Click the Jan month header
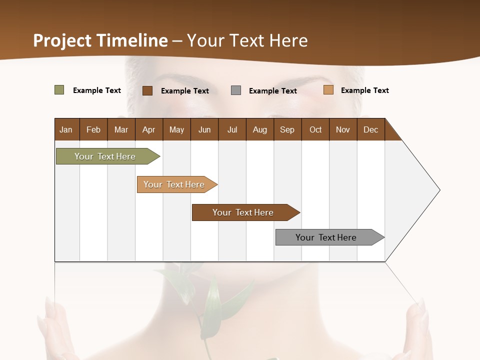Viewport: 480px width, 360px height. click(66, 129)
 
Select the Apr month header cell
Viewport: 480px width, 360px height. click(149, 129)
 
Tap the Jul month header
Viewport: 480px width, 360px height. click(232, 129)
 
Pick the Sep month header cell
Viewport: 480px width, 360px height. click(287, 129)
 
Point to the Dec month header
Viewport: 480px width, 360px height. click(370, 129)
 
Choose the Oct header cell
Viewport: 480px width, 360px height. click(315, 129)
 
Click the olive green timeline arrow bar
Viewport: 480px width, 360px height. click(105, 156)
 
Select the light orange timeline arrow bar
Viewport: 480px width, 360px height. click(174, 184)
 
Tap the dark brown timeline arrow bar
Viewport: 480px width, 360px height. click(243, 212)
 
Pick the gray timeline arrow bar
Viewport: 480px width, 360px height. click(326, 237)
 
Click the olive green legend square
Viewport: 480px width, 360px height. click(59, 90)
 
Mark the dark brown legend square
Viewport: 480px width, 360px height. click(147, 90)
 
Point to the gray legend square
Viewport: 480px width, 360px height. click(236, 90)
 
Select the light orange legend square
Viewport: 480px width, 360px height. click(328, 90)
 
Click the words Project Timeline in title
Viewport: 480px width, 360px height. click(100, 40)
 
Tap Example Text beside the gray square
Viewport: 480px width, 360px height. click(273, 91)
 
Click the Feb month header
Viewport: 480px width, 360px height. click(93, 129)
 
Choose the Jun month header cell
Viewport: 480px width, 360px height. click(204, 129)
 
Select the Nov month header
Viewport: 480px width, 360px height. click(343, 129)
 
